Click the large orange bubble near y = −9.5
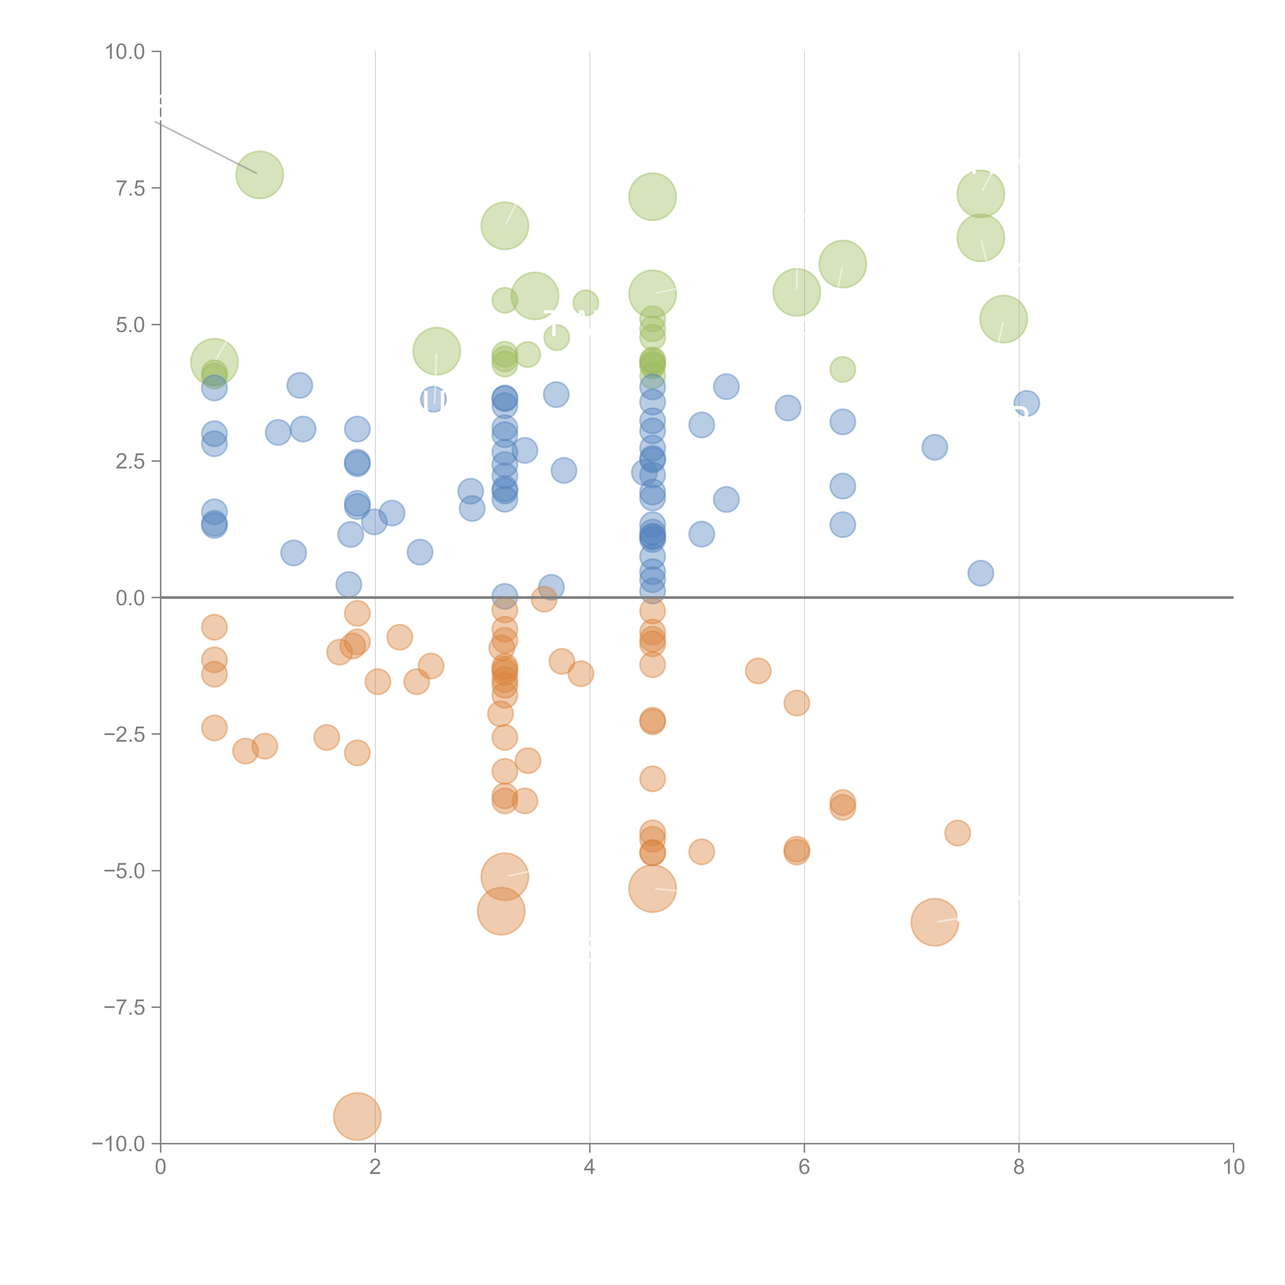point(357,1117)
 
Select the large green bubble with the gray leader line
point(259,175)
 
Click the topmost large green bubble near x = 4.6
point(653,197)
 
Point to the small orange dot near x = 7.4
point(957,833)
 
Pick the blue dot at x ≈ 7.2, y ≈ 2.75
point(934,447)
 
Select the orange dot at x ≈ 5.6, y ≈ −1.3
point(758,671)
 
